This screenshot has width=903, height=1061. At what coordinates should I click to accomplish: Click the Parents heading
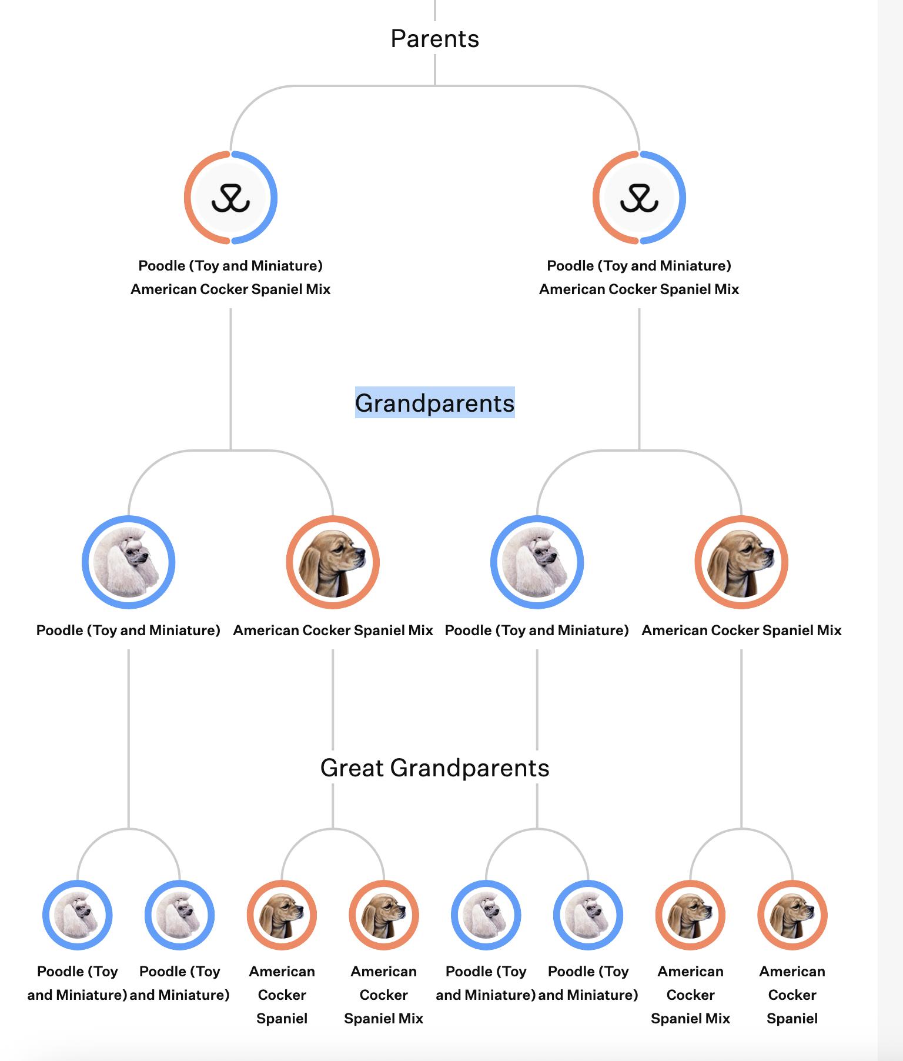(x=435, y=39)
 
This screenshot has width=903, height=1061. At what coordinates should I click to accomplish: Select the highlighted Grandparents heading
(x=435, y=403)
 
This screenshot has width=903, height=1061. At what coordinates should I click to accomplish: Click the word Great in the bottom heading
(x=352, y=768)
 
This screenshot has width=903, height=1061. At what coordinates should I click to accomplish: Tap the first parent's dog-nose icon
(x=230, y=198)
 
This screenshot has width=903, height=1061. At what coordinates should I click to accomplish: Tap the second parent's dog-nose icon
(x=639, y=198)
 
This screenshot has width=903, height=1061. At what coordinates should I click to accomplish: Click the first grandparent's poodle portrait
(x=128, y=562)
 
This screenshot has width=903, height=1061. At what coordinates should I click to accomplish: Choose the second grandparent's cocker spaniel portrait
(x=333, y=562)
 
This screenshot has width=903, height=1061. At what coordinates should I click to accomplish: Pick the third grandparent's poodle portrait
(x=537, y=562)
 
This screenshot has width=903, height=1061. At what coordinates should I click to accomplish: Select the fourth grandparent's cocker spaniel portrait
(x=741, y=562)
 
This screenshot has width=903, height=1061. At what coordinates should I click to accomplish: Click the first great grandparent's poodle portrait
(x=77, y=915)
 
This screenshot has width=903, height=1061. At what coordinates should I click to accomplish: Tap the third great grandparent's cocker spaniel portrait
(x=282, y=915)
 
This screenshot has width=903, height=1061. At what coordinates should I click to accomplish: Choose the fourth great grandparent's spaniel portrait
(x=384, y=915)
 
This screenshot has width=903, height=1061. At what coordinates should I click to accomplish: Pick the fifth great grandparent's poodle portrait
(x=486, y=915)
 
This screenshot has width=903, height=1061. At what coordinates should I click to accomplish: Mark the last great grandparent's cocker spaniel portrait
(x=792, y=915)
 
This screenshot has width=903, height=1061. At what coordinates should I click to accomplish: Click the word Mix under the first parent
(x=317, y=289)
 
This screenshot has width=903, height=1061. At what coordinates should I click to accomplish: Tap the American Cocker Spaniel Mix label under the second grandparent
(x=333, y=630)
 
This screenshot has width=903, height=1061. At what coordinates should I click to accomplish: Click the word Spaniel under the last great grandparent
(x=792, y=1019)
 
